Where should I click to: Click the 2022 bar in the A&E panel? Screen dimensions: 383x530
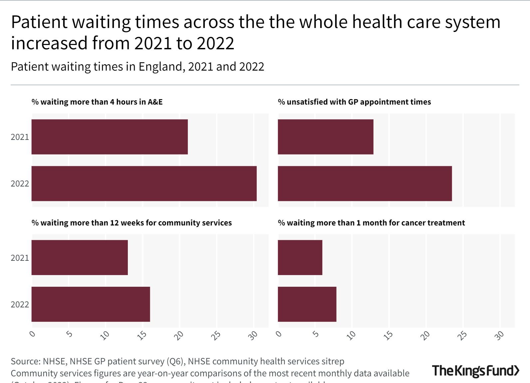[144, 184]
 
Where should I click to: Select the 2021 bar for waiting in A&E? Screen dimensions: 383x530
[110, 137]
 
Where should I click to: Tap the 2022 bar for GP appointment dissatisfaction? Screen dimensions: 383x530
[365, 184]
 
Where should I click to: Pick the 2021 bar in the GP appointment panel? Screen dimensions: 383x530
[325, 137]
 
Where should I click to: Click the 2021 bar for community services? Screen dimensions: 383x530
[80, 257]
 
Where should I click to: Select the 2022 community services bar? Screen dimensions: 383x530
[91, 304]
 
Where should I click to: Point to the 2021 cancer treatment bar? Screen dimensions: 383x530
[300, 257]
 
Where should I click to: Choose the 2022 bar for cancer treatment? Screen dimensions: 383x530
[307, 304]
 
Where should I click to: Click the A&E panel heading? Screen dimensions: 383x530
[97, 102]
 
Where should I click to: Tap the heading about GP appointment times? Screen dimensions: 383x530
[354, 102]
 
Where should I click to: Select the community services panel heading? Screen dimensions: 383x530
[132, 223]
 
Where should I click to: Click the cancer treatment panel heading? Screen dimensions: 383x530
[371, 223]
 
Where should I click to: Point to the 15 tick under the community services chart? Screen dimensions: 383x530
[142, 335]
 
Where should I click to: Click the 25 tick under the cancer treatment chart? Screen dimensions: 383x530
[462, 335]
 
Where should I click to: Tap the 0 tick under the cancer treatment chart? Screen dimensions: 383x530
[279, 334]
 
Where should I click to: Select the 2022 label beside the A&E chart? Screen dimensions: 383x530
[20, 184]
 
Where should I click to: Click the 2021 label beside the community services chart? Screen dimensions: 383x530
[20, 258]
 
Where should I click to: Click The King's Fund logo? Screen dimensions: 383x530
[475, 370]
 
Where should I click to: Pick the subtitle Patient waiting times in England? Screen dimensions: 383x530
[137, 67]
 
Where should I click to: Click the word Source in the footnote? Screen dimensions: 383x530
[25, 361]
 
